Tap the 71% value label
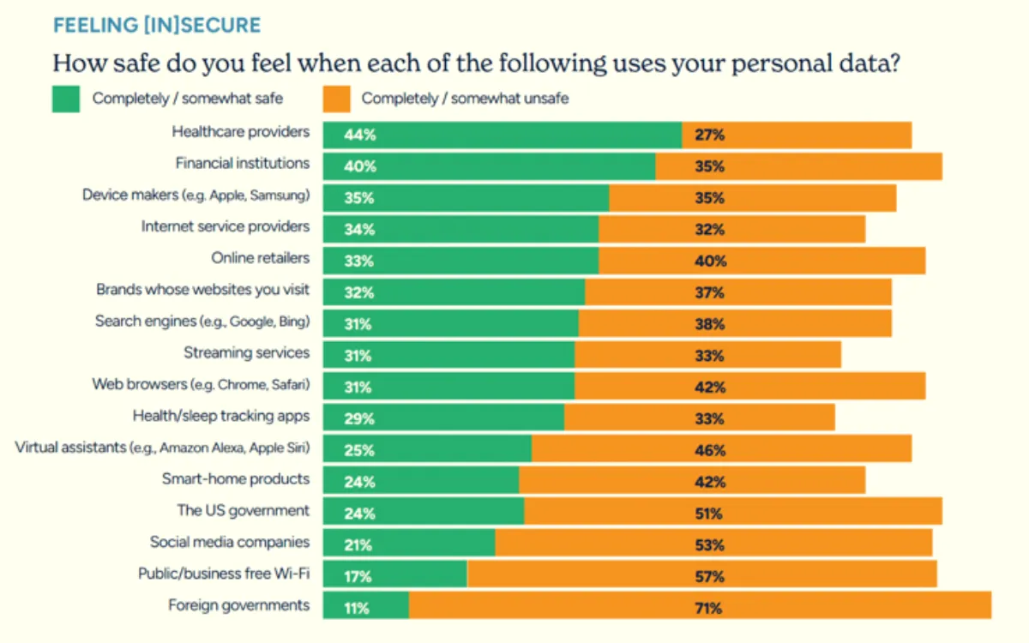[709, 609]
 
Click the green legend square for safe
[66, 98]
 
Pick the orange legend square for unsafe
[335, 98]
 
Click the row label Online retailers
[260, 257]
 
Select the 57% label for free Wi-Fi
[709, 577]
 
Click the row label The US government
[243, 510]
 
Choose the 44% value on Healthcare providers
[358, 135]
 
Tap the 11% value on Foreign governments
[357, 609]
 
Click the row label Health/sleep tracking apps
[220, 416]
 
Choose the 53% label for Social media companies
[709, 545]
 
